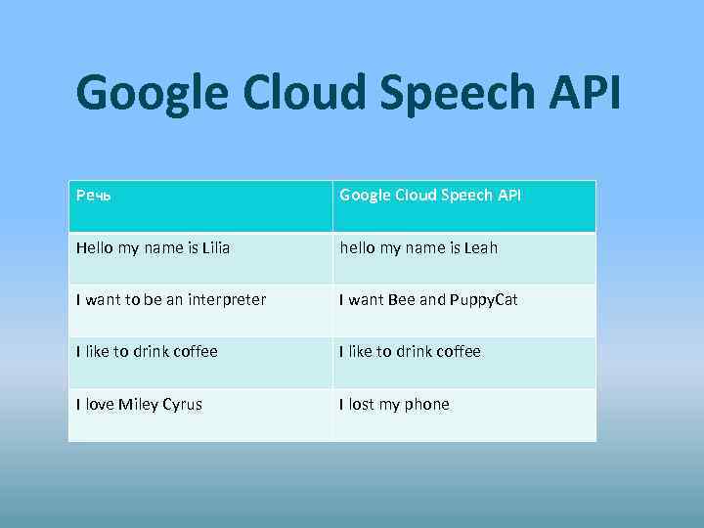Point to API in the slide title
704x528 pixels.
[x=585, y=93]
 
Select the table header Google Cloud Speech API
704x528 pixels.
[x=430, y=196]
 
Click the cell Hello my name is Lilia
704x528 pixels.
[x=154, y=248]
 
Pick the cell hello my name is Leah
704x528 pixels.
[x=418, y=248]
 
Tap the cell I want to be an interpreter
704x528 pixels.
[x=171, y=300]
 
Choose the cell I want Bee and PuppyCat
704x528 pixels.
[x=428, y=300]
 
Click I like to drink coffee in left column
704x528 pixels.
[x=147, y=352]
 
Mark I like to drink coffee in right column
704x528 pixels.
[x=411, y=352]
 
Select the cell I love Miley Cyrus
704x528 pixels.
[x=139, y=405]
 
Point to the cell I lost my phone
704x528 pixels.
[x=394, y=405]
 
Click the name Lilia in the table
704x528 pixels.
[x=215, y=248]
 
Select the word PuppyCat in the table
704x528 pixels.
[x=484, y=300]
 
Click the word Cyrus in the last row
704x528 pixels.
[x=182, y=405]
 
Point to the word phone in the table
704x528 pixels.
[x=427, y=405]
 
